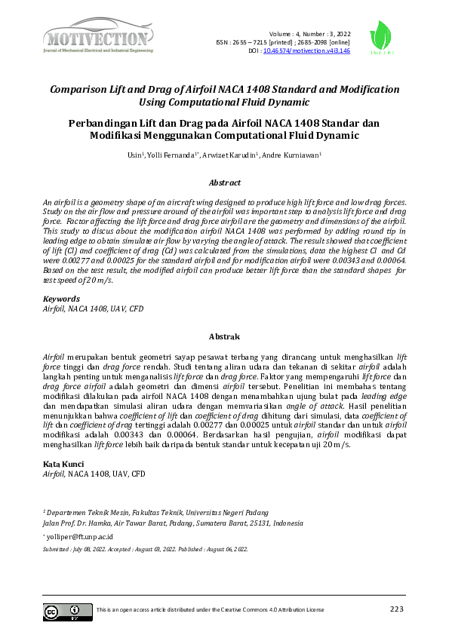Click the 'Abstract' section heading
click(x=224, y=183)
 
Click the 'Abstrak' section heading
click(x=224, y=336)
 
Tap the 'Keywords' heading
click(x=61, y=299)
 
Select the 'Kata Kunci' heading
click(x=63, y=464)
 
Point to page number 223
click(x=397, y=609)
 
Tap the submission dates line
click(x=145, y=550)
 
